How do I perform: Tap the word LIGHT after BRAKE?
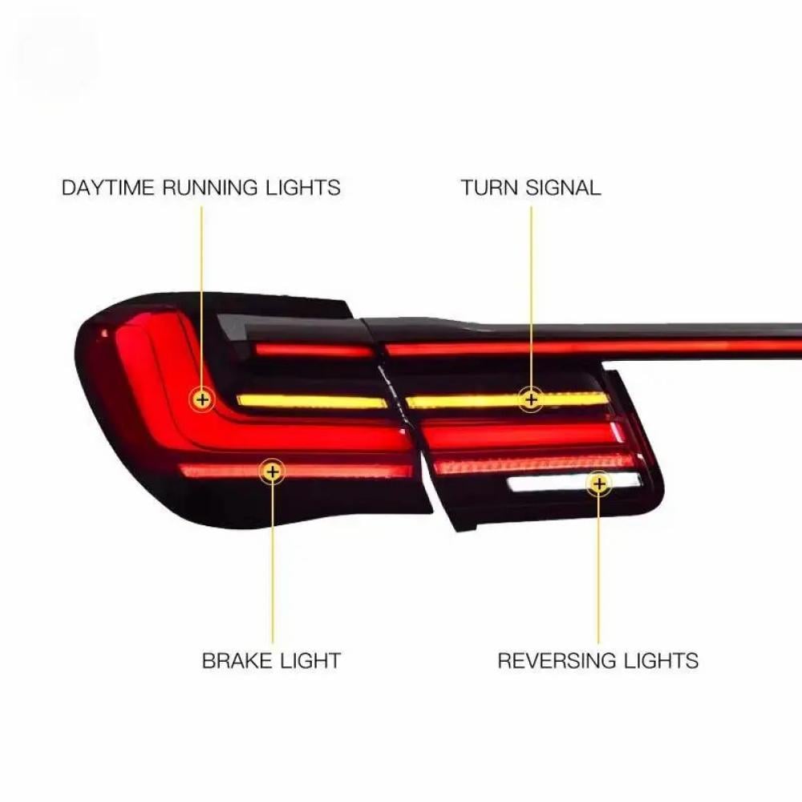click(311, 662)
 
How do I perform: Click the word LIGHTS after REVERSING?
click(662, 662)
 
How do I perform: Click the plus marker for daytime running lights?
click(201, 399)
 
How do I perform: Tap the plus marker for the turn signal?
click(530, 398)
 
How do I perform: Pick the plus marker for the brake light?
click(273, 472)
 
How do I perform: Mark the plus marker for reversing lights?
click(598, 483)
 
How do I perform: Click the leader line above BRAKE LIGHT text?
click(273, 561)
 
